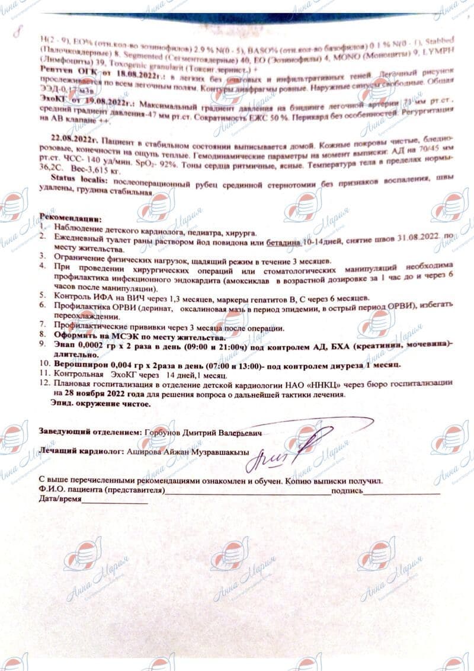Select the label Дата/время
pos(59,500)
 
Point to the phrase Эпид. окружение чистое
pos(101,403)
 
